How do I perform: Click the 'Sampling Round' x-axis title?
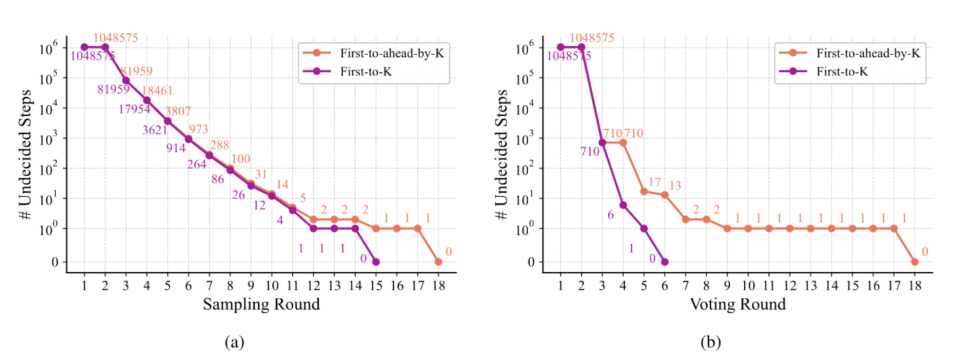[261, 304]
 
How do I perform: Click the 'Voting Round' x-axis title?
[737, 304]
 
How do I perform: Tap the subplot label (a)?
[234, 342]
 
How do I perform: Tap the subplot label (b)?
[711, 342]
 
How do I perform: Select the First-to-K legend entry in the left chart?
[365, 72]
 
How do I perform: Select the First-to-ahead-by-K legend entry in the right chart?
[868, 53]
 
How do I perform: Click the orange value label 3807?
[178, 112]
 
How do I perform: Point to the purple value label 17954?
[134, 110]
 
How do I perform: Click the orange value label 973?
[198, 129]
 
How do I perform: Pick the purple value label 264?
[197, 165]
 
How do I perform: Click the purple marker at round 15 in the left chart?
[376, 262]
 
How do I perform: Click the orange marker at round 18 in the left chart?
[438, 262]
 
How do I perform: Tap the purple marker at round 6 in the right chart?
[665, 262]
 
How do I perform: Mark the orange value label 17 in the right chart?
[654, 182]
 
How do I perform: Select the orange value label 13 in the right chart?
[675, 186]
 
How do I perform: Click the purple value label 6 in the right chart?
[611, 215]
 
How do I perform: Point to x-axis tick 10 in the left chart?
[272, 286]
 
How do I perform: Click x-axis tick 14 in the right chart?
[832, 286]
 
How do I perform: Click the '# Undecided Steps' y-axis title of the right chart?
[501, 155]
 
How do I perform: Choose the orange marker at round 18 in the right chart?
[915, 262]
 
